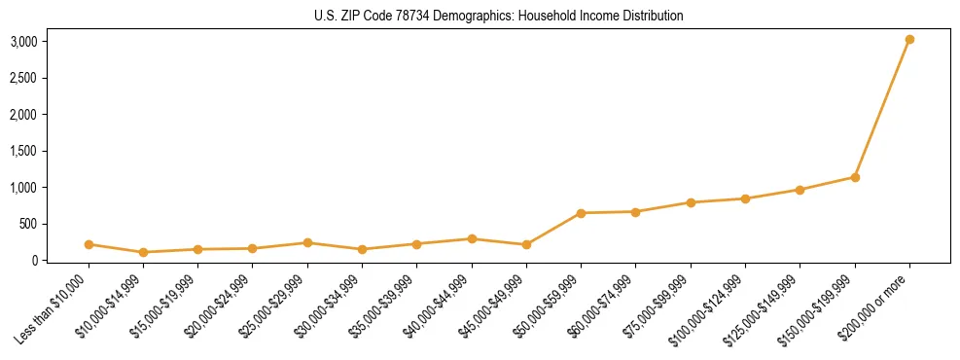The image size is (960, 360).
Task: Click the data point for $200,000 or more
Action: click(x=909, y=40)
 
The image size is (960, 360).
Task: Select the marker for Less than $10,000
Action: click(x=89, y=244)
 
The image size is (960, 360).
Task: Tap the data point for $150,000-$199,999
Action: click(x=855, y=177)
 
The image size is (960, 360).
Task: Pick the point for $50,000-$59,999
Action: click(x=581, y=213)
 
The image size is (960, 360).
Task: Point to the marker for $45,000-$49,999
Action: click(x=526, y=244)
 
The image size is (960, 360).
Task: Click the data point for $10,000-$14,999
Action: click(x=143, y=252)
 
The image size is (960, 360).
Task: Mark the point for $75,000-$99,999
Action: click(x=691, y=202)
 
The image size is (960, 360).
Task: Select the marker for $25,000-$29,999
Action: click(x=307, y=242)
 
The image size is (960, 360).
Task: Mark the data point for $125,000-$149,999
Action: click(x=800, y=190)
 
